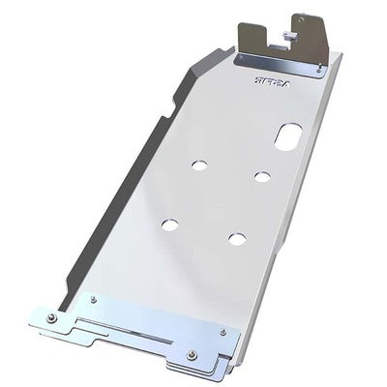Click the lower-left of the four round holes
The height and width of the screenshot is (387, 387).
[170, 224]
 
